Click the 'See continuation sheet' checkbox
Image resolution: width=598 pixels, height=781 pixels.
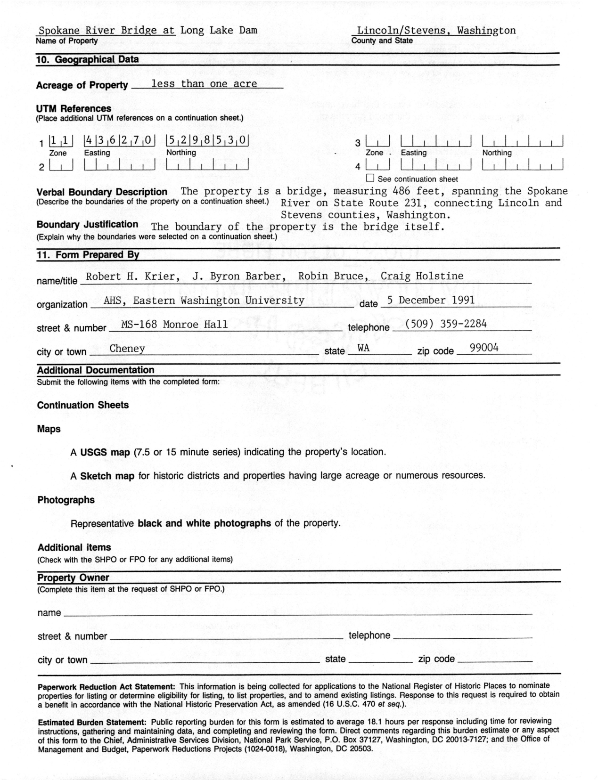click(370, 179)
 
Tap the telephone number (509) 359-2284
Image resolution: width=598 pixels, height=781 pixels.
click(445, 324)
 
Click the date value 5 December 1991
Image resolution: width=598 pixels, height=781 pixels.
click(431, 300)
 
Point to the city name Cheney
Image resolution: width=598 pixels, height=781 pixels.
click(127, 349)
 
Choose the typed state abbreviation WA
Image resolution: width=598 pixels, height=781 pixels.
click(363, 349)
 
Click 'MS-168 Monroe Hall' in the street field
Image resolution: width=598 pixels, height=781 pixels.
click(174, 324)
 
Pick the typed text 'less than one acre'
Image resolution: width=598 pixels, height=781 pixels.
click(204, 84)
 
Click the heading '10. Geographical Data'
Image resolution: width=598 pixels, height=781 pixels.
click(88, 59)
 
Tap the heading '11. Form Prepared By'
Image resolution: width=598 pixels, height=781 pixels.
click(88, 255)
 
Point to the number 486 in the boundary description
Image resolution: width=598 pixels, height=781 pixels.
click(401, 191)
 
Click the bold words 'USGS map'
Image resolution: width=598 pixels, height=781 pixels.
click(105, 452)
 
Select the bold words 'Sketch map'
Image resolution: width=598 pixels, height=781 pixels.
click(107, 476)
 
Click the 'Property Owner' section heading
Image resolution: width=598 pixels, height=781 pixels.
click(73, 578)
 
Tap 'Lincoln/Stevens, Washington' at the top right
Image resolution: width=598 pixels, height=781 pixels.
click(436, 31)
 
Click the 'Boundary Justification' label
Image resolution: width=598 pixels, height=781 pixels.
click(88, 225)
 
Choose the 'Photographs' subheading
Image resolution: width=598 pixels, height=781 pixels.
click(66, 500)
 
